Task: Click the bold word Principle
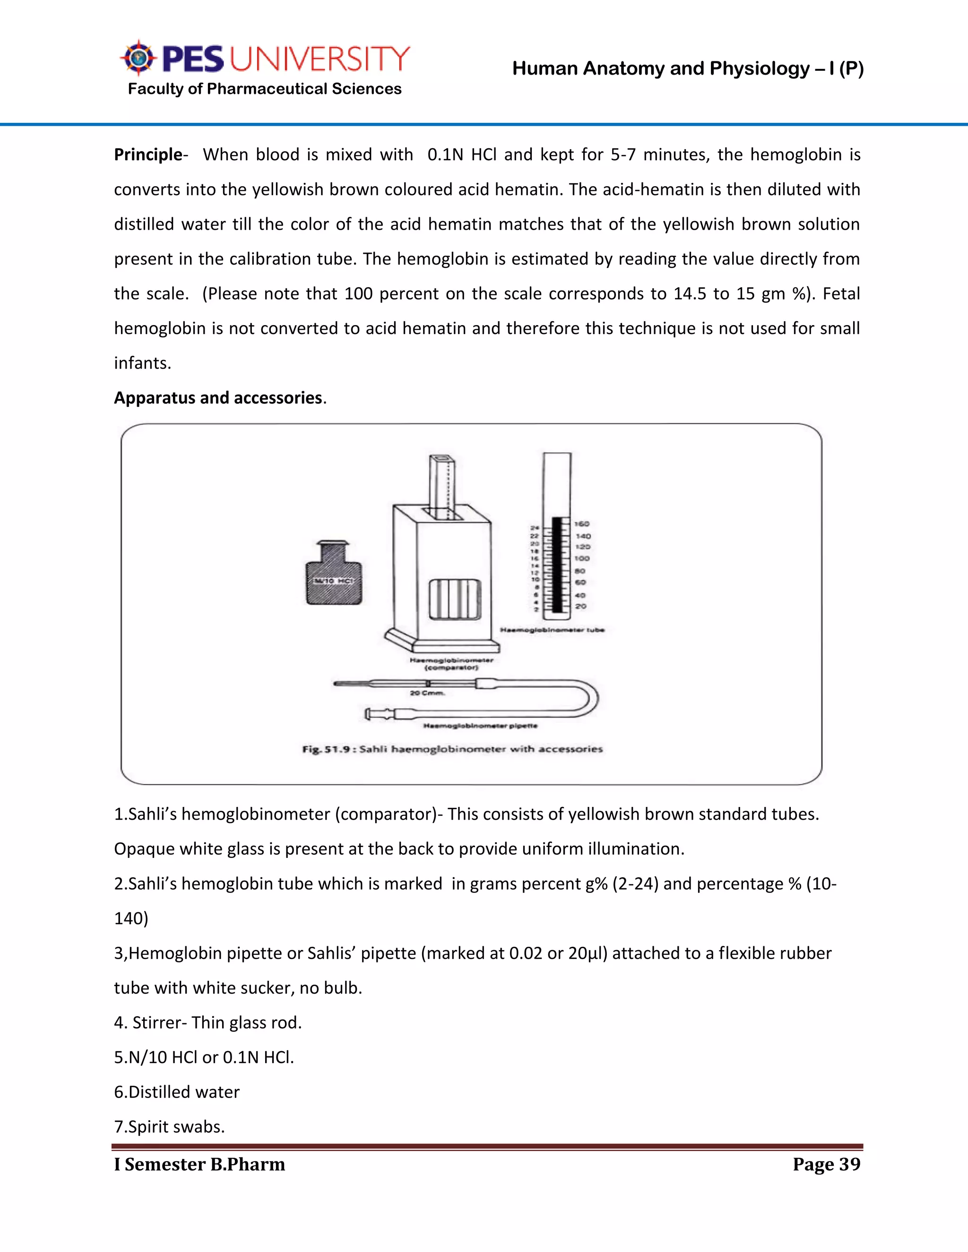click(148, 155)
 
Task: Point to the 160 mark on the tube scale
click(581, 524)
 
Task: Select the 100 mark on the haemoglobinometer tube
click(581, 558)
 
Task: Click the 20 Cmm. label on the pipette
click(427, 693)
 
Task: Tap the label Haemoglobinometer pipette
click(480, 726)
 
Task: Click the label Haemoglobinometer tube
click(552, 630)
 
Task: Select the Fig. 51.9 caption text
click(452, 749)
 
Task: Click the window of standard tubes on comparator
click(455, 599)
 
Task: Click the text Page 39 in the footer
click(826, 1164)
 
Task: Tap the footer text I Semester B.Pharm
click(199, 1164)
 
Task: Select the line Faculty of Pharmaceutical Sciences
click(264, 89)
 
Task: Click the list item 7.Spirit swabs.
click(169, 1126)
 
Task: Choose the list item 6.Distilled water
click(177, 1091)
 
